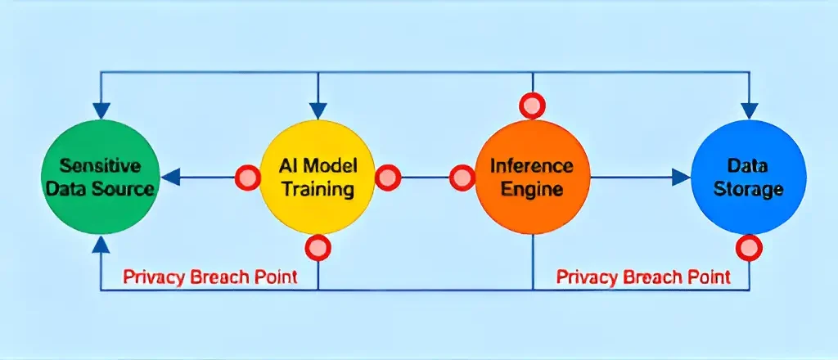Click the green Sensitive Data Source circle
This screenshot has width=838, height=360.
[x=100, y=177]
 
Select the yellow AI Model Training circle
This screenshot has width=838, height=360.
[x=318, y=177]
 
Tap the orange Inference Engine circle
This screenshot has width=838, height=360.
[x=532, y=177]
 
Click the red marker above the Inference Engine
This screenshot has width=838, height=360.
[x=533, y=105]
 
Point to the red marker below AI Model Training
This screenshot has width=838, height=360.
[x=318, y=247]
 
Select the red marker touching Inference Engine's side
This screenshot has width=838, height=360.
[x=462, y=177]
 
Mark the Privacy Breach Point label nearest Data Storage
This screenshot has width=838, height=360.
[x=643, y=277]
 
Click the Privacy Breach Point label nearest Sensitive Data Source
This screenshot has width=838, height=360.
[x=210, y=277]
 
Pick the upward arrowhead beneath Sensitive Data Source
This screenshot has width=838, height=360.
[x=101, y=242]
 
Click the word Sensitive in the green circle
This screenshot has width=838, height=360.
[x=101, y=166]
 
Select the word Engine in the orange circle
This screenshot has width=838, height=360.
[x=533, y=190]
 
